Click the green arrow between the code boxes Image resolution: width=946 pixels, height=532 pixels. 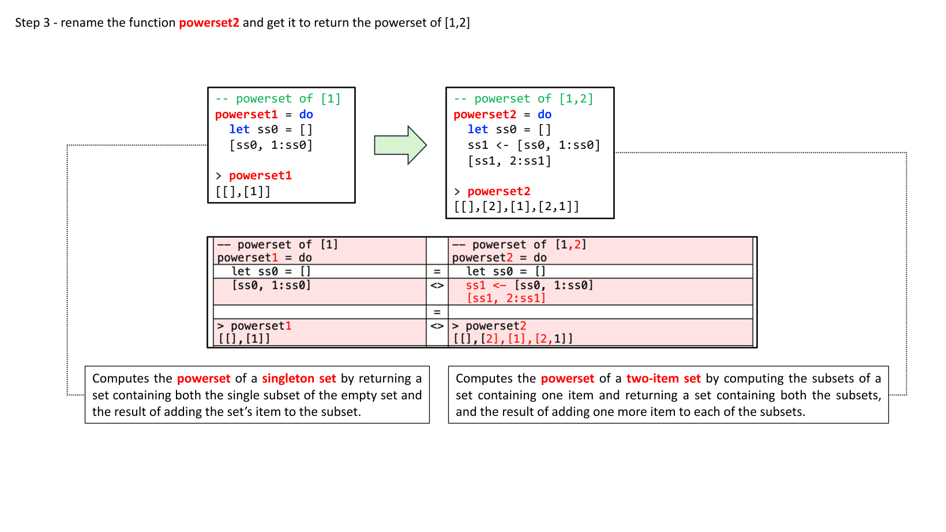(400, 145)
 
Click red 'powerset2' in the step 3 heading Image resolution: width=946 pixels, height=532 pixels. (209, 23)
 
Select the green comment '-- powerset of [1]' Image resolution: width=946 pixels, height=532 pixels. (278, 99)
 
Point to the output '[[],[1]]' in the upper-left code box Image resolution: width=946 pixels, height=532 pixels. (243, 192)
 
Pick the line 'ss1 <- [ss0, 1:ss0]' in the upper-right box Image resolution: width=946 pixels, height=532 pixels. (534, 145)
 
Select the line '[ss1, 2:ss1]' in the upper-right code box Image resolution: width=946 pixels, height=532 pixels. (509, 161)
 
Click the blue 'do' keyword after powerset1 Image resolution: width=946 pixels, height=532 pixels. (306, 114)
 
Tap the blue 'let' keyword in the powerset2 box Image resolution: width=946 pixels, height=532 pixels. (478, 130)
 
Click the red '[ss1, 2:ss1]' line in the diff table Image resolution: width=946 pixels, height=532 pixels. (506, 298)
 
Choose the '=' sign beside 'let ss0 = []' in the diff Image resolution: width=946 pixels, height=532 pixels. (437, 272)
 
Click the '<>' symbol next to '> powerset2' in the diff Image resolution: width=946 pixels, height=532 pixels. (437, 326)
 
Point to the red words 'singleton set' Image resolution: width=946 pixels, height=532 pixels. (299, 379)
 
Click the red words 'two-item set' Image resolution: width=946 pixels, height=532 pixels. (663, 379)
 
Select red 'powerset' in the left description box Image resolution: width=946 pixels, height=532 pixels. (204, 379)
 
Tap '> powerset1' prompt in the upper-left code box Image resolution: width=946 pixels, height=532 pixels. (254, 175)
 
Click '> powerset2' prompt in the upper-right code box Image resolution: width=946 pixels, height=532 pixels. (492, 192)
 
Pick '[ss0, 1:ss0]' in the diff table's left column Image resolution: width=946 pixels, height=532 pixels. (271, 285)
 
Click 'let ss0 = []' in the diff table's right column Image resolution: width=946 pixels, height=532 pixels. (506, 272)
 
